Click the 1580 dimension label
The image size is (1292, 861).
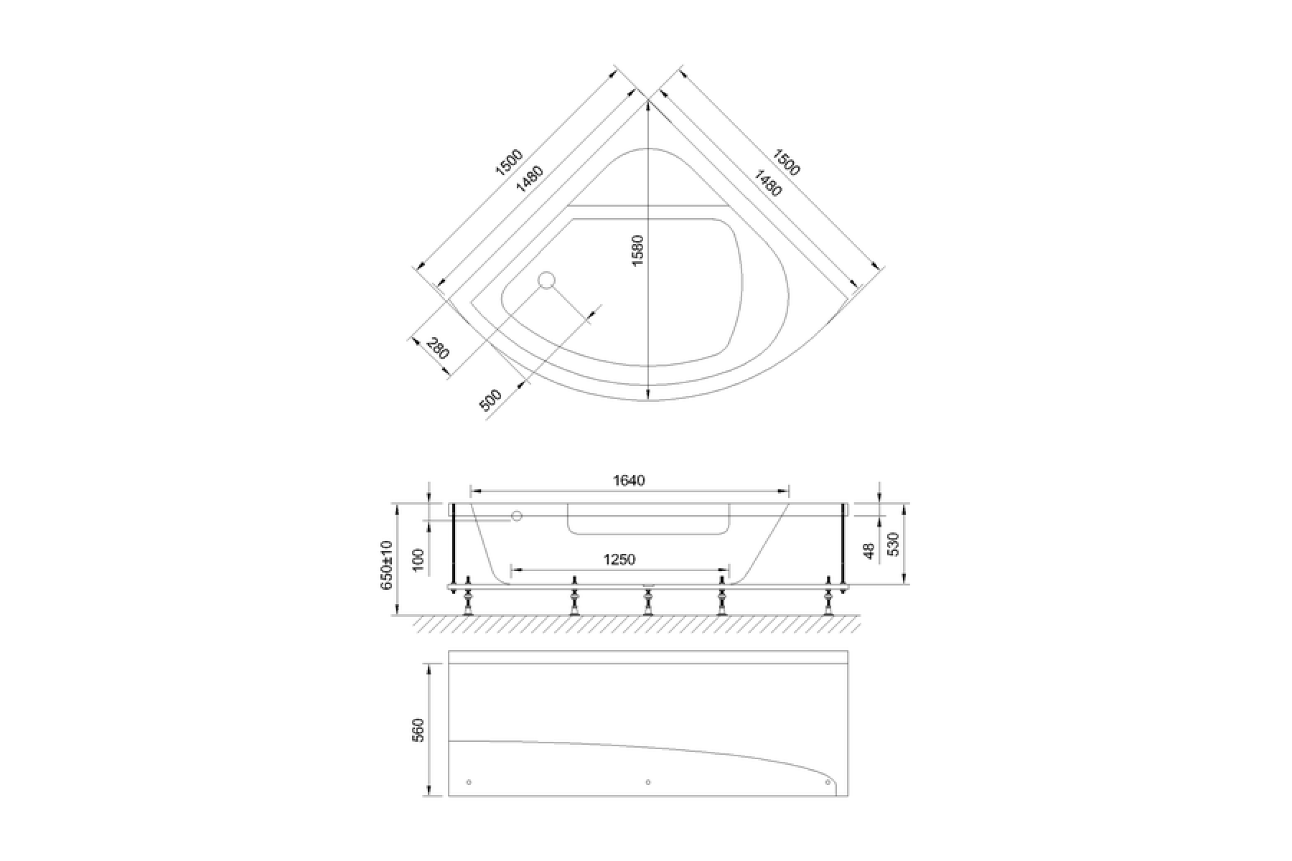[638, 250]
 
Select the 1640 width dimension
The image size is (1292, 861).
[629, 480]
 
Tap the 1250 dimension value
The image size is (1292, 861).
[619, 559]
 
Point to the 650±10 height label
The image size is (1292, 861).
[387, 565]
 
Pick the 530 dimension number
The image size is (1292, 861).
[893, 545]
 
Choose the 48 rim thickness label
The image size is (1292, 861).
[869, 551]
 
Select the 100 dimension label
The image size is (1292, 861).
[420, 560]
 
